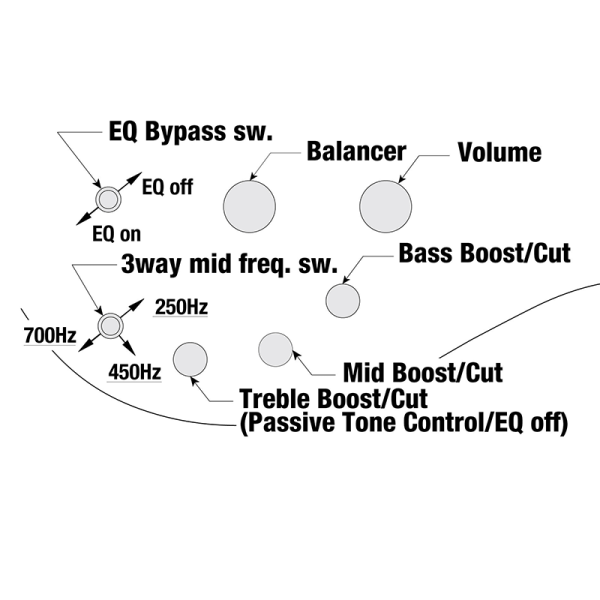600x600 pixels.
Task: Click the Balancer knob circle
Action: coord(249,206)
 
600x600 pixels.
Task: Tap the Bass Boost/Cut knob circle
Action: coord(343,299)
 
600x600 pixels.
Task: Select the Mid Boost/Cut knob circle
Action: coord(275,349)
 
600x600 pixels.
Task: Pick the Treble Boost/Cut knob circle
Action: coord(190,359)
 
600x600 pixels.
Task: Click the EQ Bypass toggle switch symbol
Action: coord(107,199)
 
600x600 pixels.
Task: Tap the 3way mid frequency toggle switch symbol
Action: coord(110,325)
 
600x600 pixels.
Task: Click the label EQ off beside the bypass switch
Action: coord(167,186)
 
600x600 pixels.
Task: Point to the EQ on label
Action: coord(117,235)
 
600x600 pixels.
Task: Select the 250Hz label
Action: coord(181,307)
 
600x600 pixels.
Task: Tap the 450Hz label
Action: coord(135,372)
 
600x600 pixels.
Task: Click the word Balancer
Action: coord(356,152)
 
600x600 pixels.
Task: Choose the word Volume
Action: coord(499,152)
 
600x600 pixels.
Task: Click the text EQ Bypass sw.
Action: coord(189,133)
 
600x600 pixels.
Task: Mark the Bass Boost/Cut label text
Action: coord(484,253)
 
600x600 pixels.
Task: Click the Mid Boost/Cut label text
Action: coord(422,374)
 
